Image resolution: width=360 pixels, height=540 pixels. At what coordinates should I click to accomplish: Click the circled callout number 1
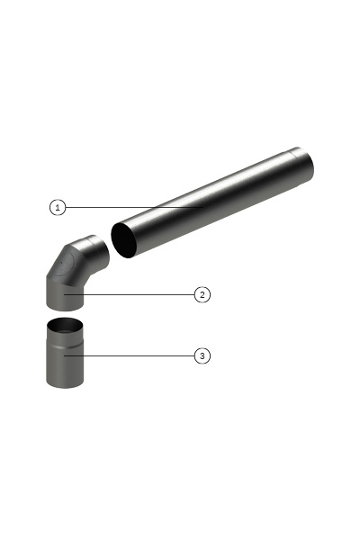click(x=58, y=207)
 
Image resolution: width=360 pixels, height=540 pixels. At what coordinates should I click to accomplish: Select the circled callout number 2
click(x=202, y=295)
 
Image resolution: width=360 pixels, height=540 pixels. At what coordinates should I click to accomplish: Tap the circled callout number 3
click(x=202, y=355)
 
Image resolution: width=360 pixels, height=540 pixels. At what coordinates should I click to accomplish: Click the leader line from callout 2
click(x=130, y=295)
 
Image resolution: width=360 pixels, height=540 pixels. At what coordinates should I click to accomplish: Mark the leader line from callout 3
click(x=130, y=355)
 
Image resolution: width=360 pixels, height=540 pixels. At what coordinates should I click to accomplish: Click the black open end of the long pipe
click(x=123, y=240)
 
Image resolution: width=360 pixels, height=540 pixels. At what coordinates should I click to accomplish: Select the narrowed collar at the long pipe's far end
click(x=301, y=166)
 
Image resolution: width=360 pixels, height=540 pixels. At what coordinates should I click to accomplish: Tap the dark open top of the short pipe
click(x=65, y=326)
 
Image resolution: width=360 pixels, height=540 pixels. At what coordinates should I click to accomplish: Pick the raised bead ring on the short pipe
click(x=65, y=346)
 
